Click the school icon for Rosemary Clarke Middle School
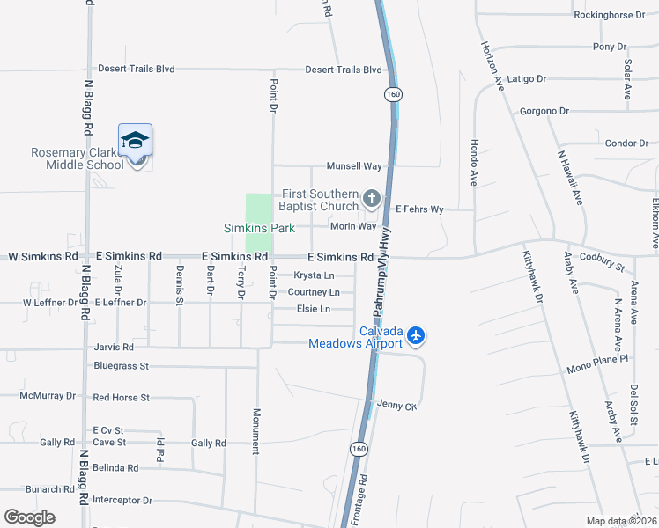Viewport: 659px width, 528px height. click(135, 141)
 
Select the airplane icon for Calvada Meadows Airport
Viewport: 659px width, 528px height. click(417, 335)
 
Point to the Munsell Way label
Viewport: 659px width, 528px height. click(354, 165)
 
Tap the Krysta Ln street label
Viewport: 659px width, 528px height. click(315, 275)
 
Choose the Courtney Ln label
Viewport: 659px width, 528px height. click(314, 292)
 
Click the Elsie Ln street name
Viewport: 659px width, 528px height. click(313, 309)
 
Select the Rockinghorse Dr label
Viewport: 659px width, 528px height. click(610, 15)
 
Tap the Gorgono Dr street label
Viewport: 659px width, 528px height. click(544, 111)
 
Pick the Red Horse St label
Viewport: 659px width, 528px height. click(122, 398)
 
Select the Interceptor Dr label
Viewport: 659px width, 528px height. click(122, 500)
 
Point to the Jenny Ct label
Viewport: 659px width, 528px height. click(396, 405)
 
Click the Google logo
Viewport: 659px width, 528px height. click(30, 517)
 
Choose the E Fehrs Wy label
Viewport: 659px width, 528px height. click(419, 209)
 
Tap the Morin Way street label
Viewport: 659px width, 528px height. click(353, 226)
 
